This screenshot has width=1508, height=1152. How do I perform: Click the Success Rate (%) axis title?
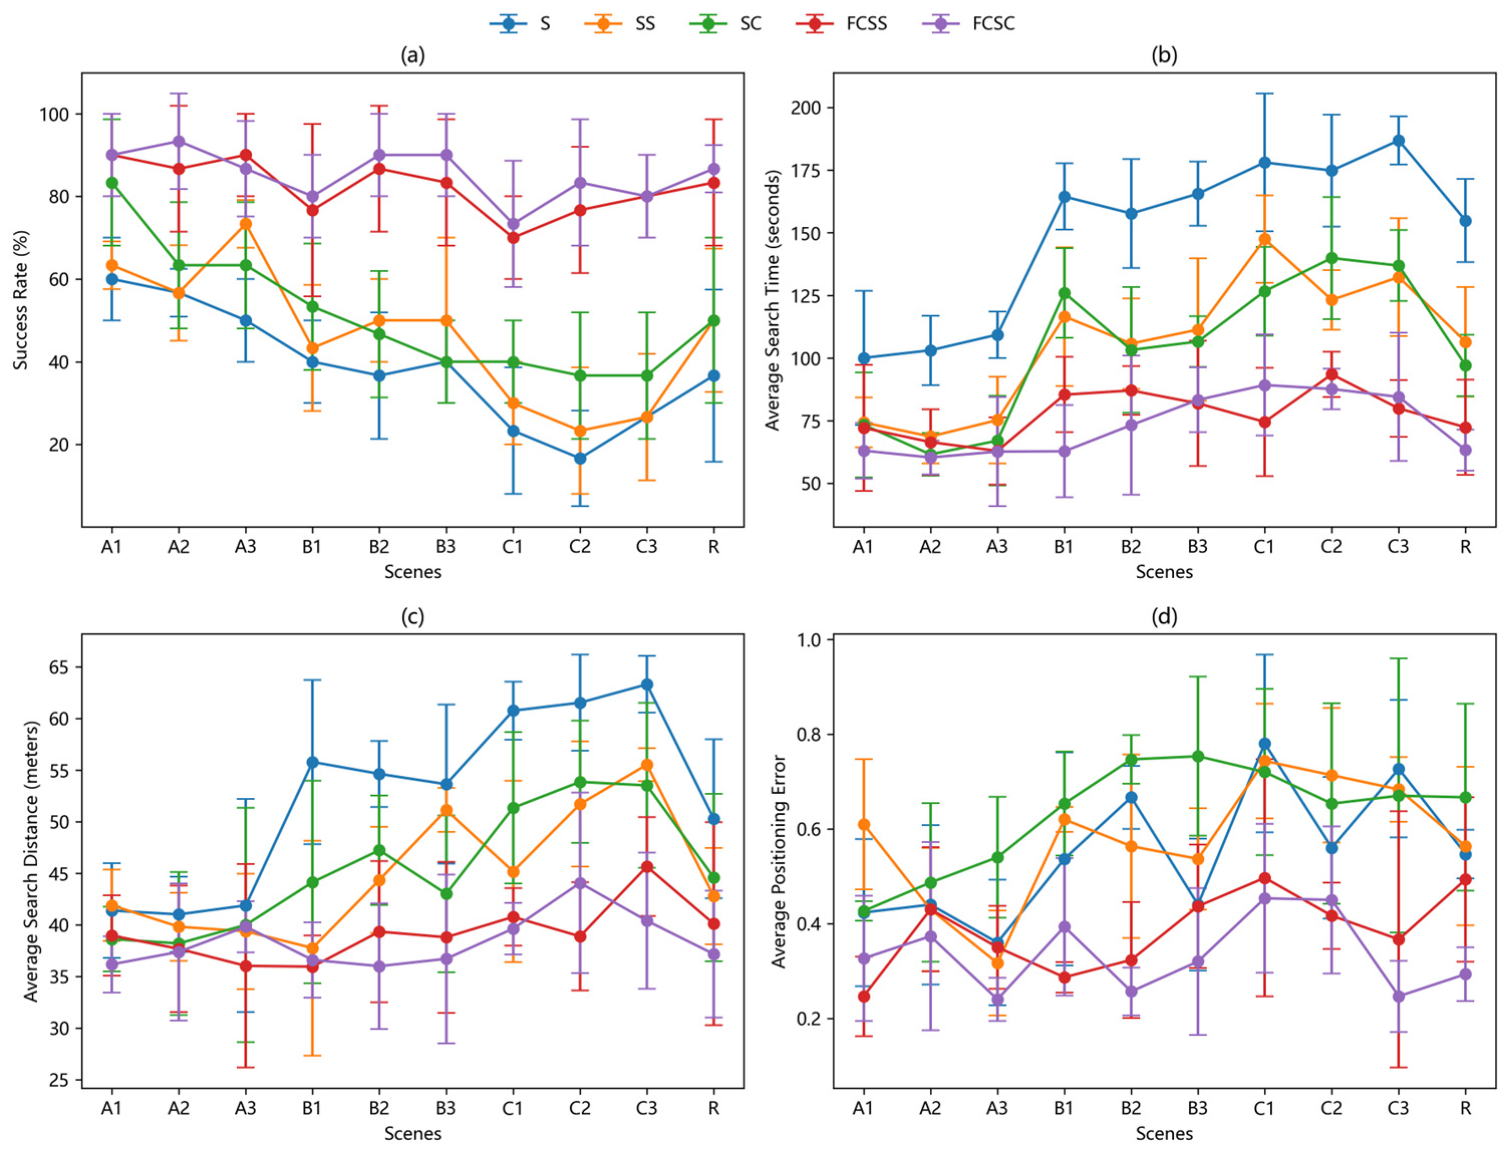21,299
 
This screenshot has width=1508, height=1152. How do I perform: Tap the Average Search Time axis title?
773,299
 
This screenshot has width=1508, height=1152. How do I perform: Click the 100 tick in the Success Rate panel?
58,114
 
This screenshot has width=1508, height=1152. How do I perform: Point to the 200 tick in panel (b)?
809,108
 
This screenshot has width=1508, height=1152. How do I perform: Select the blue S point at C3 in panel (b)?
1398,141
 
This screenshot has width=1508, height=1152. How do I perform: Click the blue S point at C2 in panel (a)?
580,458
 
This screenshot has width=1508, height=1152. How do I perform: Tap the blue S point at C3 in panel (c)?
646,684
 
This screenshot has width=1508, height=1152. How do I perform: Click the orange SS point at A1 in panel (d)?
864,824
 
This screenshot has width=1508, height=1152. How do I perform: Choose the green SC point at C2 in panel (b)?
1331,258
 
